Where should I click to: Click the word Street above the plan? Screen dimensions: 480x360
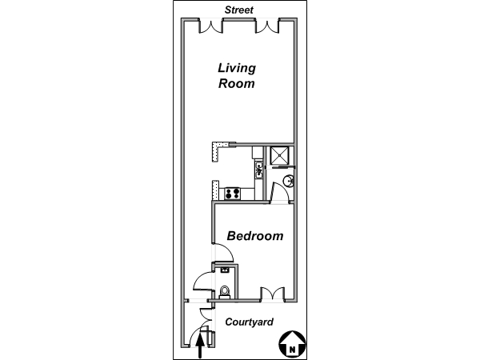pyautogui.click(x=238, y=10)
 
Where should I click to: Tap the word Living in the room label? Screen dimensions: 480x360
pyautogui.click(x=237, y=69)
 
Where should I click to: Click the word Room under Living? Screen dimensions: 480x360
pyautogui.click(x=236, y=83)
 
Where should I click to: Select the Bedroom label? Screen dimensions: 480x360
pyautogui.click(x=255, y=236)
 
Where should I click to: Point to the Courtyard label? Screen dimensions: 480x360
pyautogui.click(x=249, y=322)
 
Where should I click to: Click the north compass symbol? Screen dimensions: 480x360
pyautogui.click(x=293, y=344)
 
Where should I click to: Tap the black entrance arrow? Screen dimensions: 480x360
pyautogui.click(x=200, y=346)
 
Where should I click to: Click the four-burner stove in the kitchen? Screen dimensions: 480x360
pyautogui.click(x=232, y=194)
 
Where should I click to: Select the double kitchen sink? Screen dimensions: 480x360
pyautogui.click(x=259, y=170)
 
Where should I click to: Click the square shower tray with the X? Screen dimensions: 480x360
pyautogui.click(x=279, y=156)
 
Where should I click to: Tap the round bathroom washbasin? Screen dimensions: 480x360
pyautogui.click(x=288, y=181)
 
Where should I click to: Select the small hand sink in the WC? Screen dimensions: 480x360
pyautogui.click(x=225, y=270)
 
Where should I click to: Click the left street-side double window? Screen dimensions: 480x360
pyautogui.click(x=211, y=26)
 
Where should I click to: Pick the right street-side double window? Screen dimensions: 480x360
pyautogui.click(x=267, y=26)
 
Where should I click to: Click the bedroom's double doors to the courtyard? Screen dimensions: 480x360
pyautogui.click(x=273, y=294)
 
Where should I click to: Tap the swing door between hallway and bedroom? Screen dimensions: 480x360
pyautogui.click(x=223, y=253)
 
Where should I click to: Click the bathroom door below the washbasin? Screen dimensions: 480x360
pyautogui.click(x=280, y=192)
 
